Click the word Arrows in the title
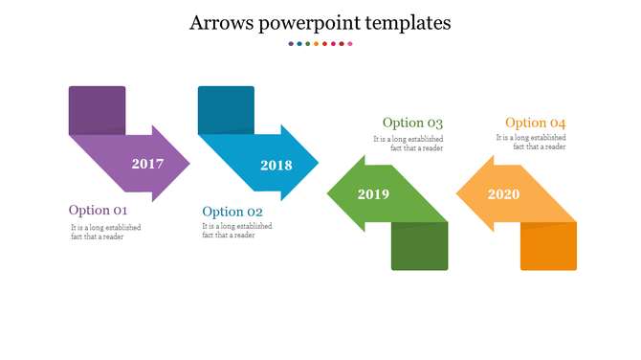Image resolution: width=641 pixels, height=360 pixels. click(221, 23)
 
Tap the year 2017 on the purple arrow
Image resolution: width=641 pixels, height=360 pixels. click(147, 164)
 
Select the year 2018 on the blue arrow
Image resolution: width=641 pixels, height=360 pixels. click(276, 166)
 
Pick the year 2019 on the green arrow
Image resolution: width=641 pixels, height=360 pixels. click(373, 194)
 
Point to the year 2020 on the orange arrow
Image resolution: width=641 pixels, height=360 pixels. click(503, 194)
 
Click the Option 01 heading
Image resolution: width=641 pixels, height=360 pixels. click(98, 211)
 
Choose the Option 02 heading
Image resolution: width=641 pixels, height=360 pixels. click(232, 212)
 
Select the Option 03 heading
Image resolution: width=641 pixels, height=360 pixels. click(412, 123)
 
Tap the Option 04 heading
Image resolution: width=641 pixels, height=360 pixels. click(535, 123)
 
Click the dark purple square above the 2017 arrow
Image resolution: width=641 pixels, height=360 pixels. click(97, 110)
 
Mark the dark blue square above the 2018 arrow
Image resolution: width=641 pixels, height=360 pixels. click(226, 110)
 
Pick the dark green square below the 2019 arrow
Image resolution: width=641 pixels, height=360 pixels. click(419, 246)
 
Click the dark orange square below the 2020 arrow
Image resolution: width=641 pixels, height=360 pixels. click(548, 246)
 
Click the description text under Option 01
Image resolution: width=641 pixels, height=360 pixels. click(105, 232)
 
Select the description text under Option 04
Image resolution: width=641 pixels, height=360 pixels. click(530, 143)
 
